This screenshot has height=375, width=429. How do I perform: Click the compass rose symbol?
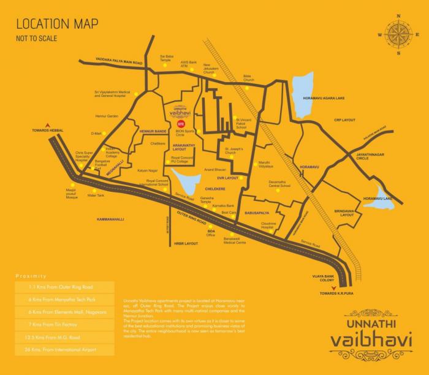(398, 34)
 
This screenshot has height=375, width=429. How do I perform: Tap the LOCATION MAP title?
(57, 25)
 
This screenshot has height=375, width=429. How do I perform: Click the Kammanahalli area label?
(115, 218)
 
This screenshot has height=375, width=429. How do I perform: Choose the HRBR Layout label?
(187, 243)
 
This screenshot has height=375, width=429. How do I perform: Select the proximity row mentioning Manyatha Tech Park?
(64, 299)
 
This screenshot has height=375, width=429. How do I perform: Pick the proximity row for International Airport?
(64, 350)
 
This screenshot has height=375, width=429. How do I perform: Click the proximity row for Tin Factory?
(64, 324)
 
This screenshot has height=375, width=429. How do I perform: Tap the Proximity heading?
(31, 276)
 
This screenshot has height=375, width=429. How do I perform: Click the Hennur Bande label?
(153, 131)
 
